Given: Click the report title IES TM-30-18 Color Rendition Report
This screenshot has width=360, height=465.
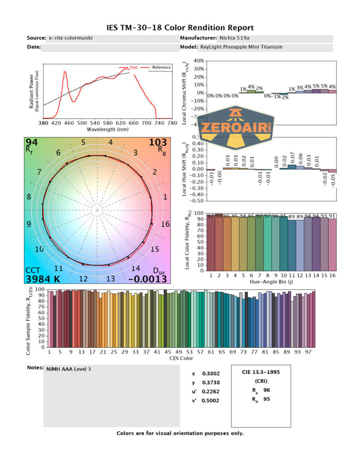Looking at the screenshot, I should [x=180, y=28].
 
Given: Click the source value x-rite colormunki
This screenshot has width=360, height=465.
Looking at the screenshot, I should [x=70, y=38].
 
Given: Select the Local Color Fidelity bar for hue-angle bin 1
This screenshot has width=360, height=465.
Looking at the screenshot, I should [x=211, y=242].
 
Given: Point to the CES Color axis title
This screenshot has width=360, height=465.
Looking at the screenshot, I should [x=181, y=358].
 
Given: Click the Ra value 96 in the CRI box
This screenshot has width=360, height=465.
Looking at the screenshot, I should [x=266, y=390].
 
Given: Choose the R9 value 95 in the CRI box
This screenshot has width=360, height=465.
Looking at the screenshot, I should [x=266, y=400].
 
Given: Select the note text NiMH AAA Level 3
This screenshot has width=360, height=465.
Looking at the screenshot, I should [x=69, y=369].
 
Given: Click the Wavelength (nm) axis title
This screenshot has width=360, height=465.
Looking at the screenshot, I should [x=108, y=129].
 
